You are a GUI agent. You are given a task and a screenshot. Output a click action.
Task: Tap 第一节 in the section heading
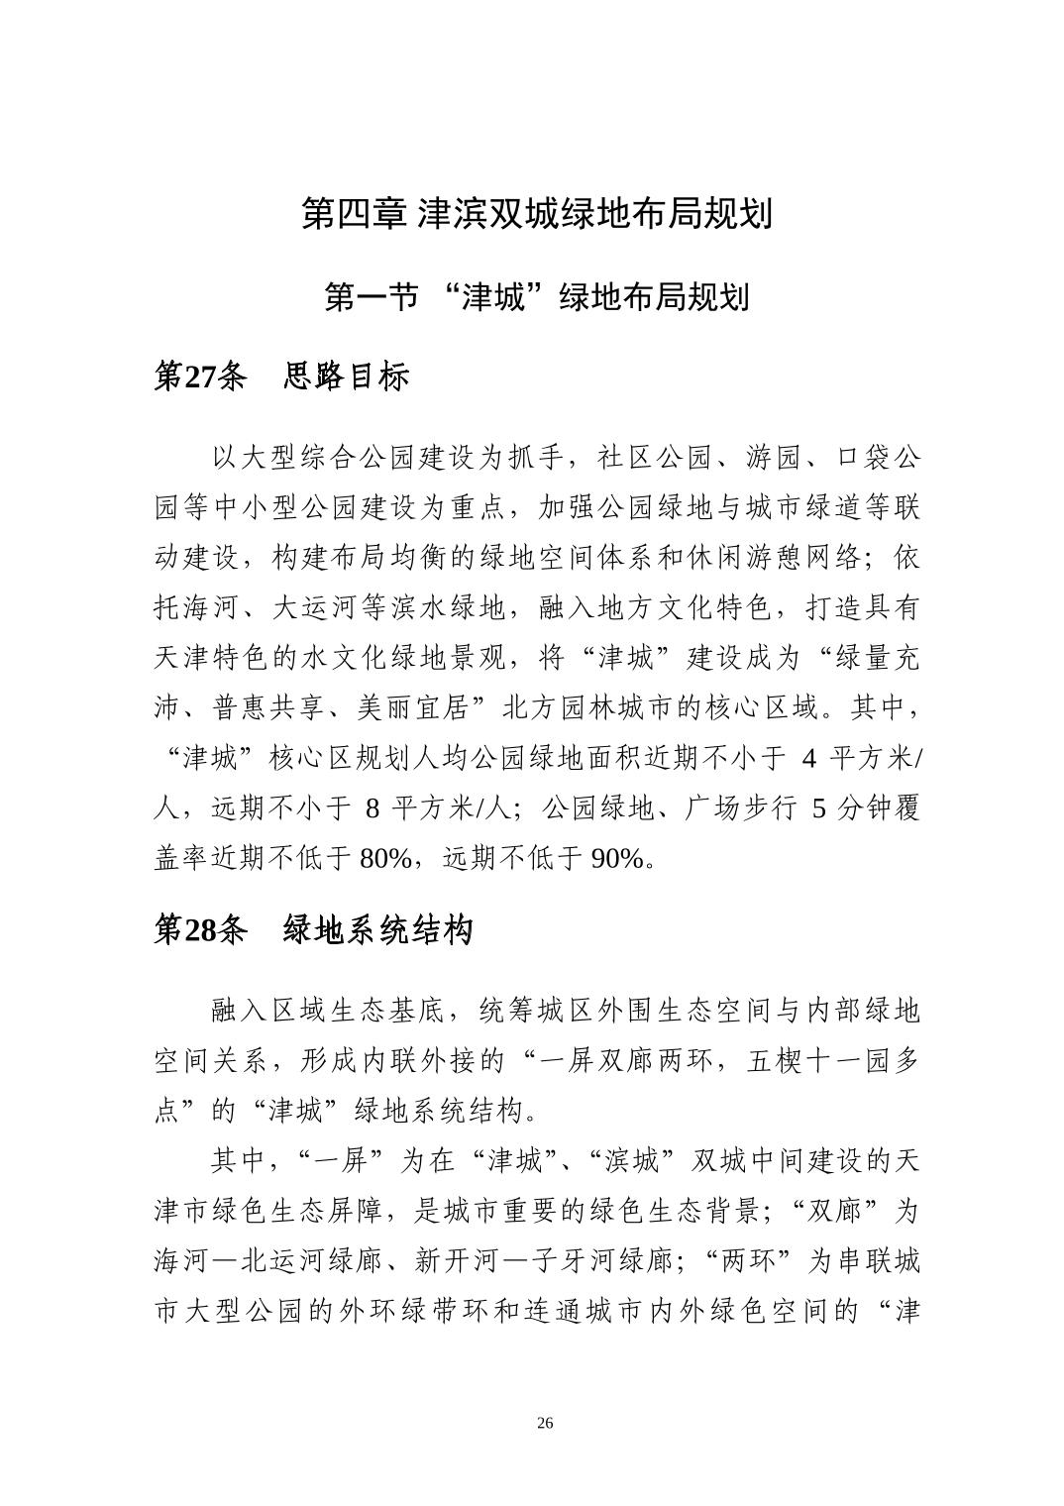(x=372, y=296)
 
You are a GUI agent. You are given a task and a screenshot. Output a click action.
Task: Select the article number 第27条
(x=200, y=376)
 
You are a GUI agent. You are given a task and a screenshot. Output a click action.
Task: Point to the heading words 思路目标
(x=346, y=376)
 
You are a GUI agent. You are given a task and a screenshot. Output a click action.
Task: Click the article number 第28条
(x=200, y=929)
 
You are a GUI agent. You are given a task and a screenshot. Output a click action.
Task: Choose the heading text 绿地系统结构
(x=378, y=929)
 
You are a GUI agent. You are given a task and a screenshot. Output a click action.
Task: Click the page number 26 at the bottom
(x=544, y=1424)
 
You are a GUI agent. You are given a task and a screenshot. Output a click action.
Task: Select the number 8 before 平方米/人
(x=372, y=808)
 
